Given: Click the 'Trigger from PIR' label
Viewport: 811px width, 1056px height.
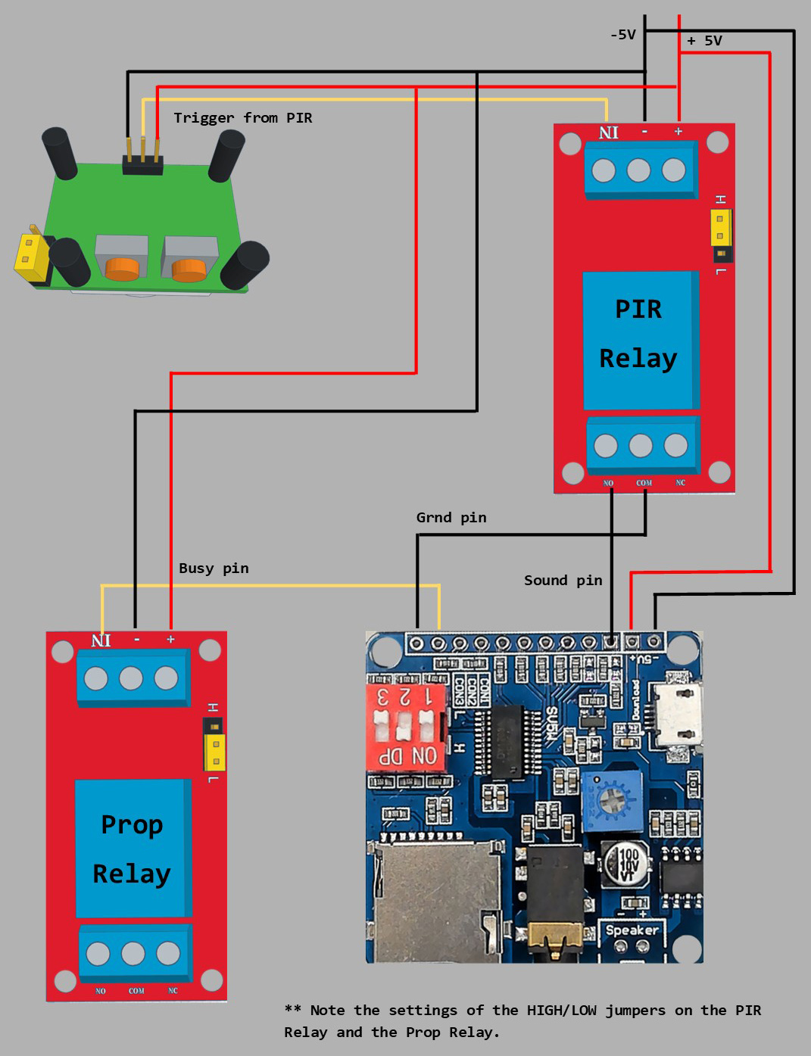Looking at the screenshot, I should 242,118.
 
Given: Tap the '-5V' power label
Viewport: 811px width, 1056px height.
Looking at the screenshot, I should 622,35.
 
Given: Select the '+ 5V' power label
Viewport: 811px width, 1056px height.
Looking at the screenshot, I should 704,41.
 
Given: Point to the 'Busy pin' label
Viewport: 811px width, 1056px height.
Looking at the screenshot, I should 214,568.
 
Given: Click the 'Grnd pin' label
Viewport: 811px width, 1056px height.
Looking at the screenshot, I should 451,518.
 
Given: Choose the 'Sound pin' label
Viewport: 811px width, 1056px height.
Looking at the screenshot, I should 563,581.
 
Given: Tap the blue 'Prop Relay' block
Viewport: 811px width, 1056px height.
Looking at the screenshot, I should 131,849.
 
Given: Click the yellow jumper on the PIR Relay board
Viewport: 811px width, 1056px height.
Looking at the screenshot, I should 720,228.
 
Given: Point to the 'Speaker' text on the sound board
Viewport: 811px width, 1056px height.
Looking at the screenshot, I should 632,930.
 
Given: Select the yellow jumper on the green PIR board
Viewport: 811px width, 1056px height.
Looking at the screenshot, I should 29,254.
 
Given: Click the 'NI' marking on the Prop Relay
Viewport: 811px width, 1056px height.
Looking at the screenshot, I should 101,640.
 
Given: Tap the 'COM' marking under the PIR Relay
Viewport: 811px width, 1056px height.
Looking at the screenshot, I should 644,483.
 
